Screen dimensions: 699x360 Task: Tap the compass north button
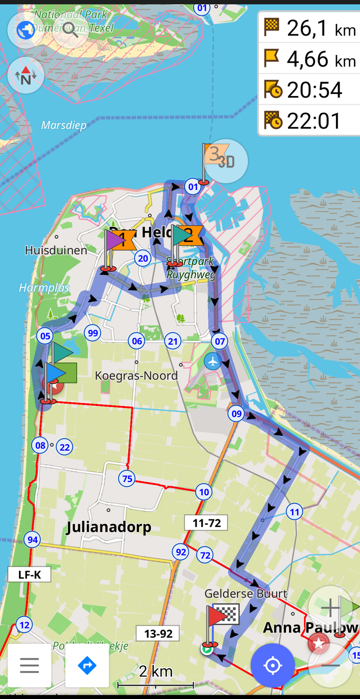pyautogui.click(x=26, y=76)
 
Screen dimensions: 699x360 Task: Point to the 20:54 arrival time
pyautogui.click(x=314, y=90)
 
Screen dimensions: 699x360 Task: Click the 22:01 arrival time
pyautogui.click(x=314, y=121)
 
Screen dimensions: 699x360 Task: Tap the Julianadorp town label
pyautogui.click(x=109, y=527)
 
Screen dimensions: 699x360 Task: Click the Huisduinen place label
pyautogui.click(x=56, y=250)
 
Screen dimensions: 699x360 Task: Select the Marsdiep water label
pyautogui.click(x=64, y=125)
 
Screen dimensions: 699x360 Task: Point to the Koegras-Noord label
pyautogui.click(x=136, y=376)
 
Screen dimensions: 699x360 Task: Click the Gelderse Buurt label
pyautogui.click(x=246, y=594)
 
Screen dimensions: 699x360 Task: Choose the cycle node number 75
pyautogui.click(x=127, y=478)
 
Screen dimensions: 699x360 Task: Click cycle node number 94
pyautogui.click(x=32, y=540)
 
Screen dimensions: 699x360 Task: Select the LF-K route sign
pyautogui.click(x=30, y=575)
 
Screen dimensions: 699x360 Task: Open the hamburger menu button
pyautogui.click(x=29, y=665)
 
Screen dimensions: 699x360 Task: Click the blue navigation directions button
pyautogui.click(x=87, y=665)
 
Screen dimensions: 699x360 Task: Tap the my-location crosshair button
pyautogui.click(x=273, y=666)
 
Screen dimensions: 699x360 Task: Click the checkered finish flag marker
pyautogui.click(x=225, y=614)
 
